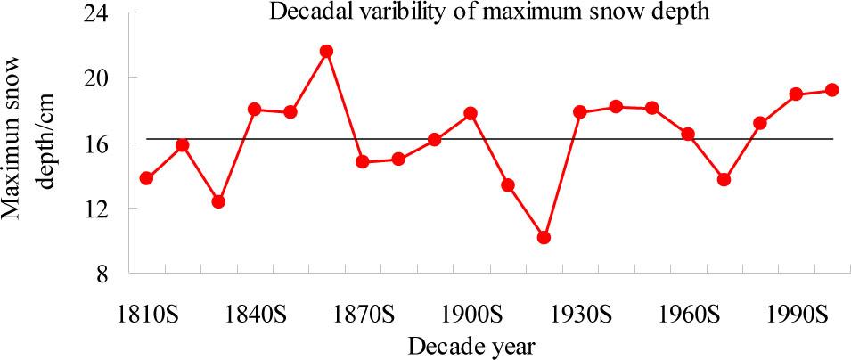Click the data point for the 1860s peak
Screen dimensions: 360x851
click(327, 51)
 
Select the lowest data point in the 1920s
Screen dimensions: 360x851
click(544, 238)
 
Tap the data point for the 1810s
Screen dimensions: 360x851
click(146, 178)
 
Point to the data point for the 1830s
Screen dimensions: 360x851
click(218, 201)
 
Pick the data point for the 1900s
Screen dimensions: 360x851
click(471, 113)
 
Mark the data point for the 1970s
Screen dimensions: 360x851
click(724, 179)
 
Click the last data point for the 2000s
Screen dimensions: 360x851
click(832, 90)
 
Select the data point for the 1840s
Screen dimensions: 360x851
click(254, 110)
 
